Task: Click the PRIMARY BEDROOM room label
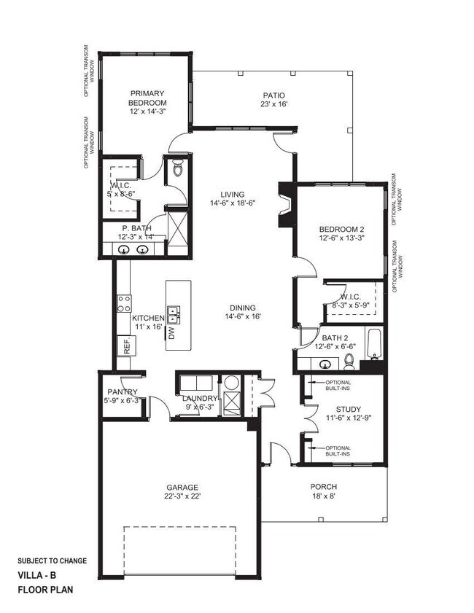148,101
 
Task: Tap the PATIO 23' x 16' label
274,100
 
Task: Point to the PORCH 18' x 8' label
323,492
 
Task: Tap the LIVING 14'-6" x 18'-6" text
227,198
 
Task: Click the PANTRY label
121,395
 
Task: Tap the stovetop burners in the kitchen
124,303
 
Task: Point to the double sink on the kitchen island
174,314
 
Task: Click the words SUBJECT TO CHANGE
52,561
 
